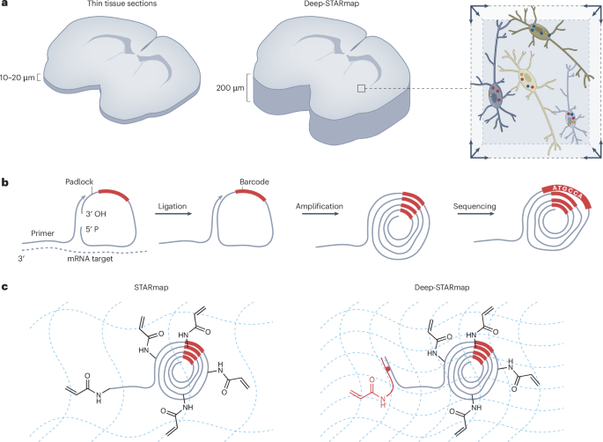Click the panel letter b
5,182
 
